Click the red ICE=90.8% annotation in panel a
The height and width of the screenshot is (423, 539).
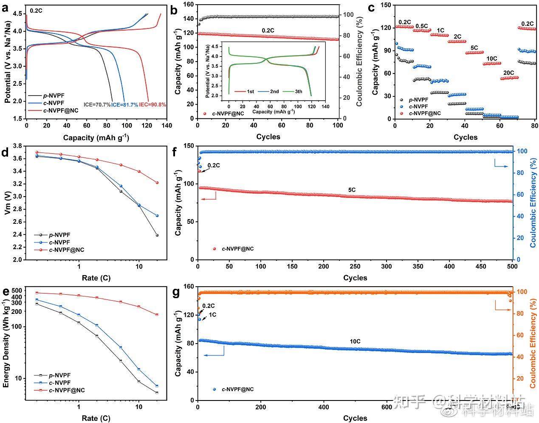pos(152,104)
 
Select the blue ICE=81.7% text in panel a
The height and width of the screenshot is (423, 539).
pos(125,104)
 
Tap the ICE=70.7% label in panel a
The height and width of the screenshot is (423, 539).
pos(97,104)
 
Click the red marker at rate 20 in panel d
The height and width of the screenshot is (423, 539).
pos(157,183)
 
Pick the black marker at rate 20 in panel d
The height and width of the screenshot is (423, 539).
pos(157,235)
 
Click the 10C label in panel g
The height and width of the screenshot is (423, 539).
pos(355,341)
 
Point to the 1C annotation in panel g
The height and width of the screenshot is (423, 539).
pos(212,314)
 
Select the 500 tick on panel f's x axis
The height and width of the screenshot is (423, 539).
pos(512,267)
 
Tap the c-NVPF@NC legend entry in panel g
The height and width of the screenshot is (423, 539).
pos(238,389)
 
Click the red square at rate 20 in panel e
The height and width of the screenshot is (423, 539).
pos(157,315)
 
